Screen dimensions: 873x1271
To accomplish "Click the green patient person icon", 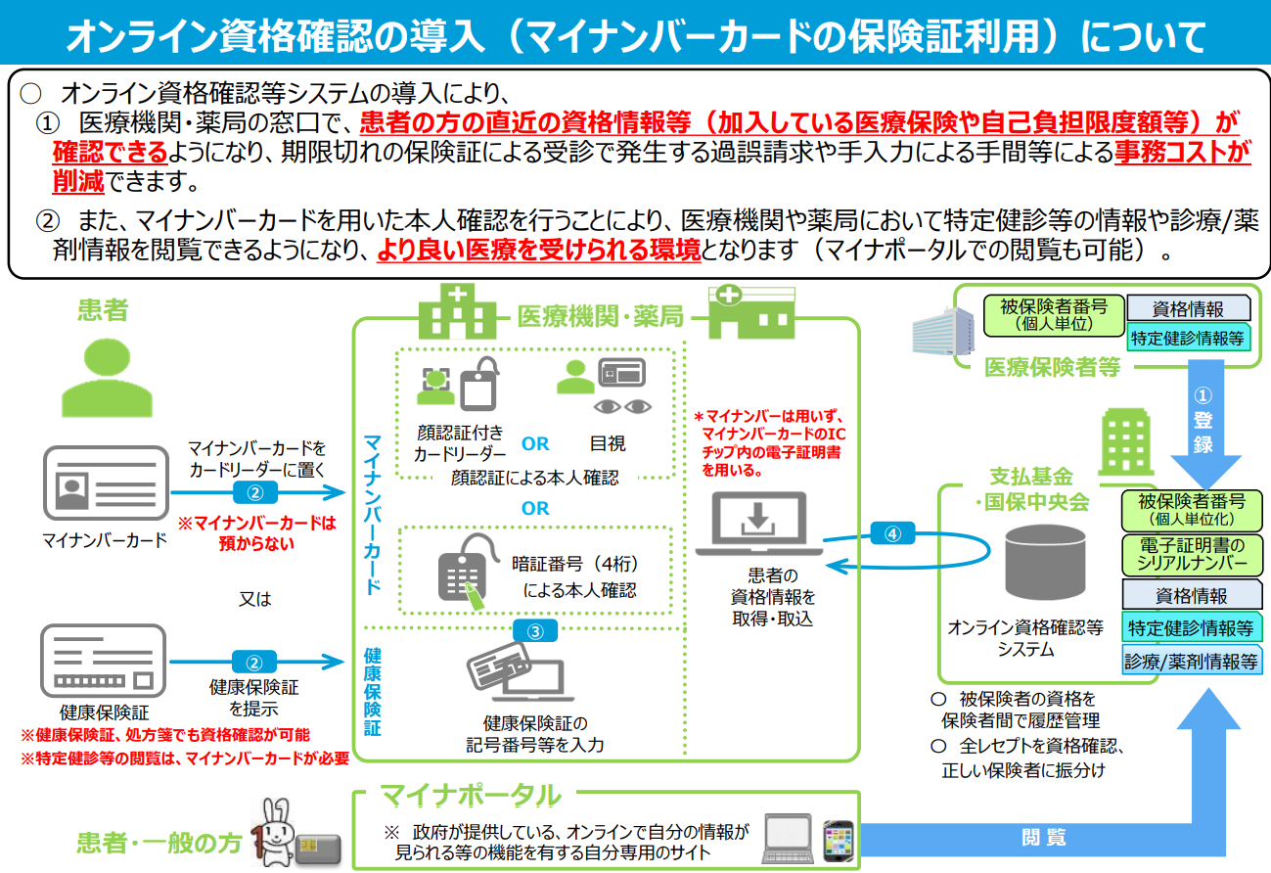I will pyautogui.click(x=108, y=376).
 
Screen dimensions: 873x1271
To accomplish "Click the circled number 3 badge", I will pyautogui.click(x=535, y=631).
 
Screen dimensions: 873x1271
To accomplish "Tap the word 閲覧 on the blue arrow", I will pyautogui.click(x=1043, y=838).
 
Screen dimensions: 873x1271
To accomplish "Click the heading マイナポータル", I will pyautogui.click(x=470, y=795).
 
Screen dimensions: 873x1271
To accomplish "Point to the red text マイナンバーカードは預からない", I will pyautogui.click(x=256, y=533).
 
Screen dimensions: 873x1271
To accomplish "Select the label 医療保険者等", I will pyautogui.click(x=1052, y=368).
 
